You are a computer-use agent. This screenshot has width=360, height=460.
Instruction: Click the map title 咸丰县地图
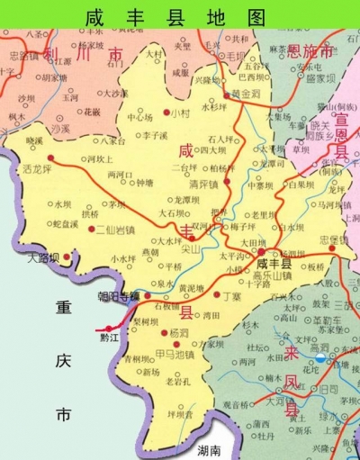click(176, 17)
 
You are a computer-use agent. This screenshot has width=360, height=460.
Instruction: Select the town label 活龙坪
click(39, 167)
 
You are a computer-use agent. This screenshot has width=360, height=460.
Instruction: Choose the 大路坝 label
click(42, 257)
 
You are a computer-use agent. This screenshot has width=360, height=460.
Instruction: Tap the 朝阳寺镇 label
click(119, 295)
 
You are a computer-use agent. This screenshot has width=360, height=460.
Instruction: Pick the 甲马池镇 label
click(174, 354)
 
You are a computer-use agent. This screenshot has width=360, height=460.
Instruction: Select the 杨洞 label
click(180, 332)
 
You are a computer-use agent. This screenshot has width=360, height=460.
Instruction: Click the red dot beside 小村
click(166, 114)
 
